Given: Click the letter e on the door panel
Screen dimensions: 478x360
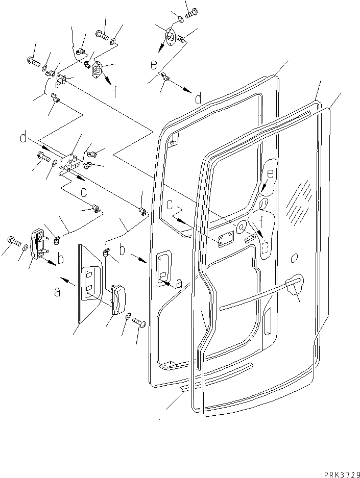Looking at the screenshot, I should coord(270,173).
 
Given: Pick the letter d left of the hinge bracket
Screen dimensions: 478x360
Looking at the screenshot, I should coord(23,137).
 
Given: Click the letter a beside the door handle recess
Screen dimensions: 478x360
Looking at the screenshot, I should coord(178,284).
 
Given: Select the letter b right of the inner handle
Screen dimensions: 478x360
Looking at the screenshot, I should coord(61,259).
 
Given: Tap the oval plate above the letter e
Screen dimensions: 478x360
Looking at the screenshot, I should coord(172,38).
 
